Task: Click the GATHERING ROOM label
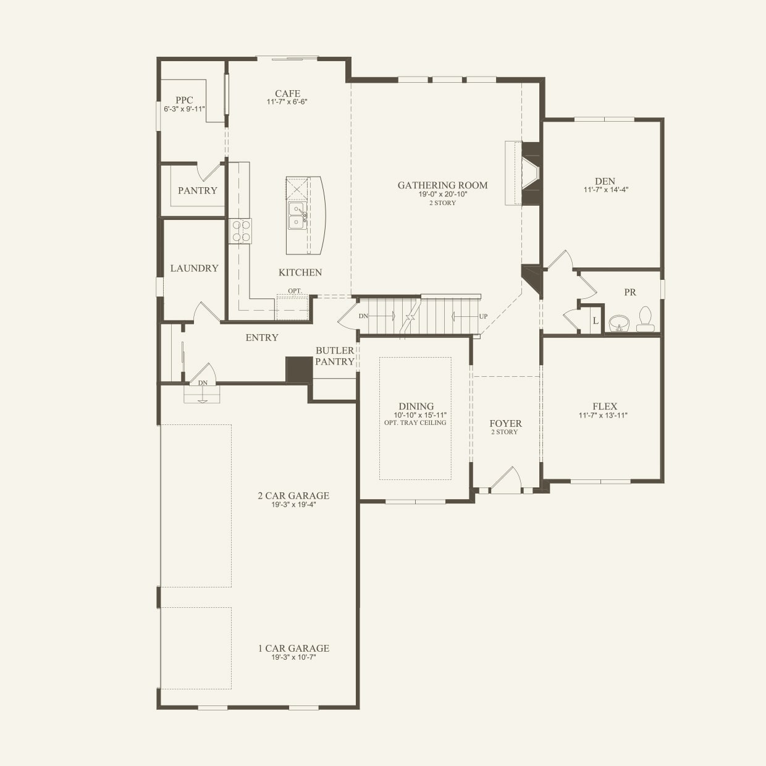tap(442, 185)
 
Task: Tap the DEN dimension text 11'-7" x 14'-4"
tap(606, 190)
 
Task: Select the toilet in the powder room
tap(645, 319)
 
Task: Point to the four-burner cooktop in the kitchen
tap(240, 232)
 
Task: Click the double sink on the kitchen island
tap(297, 216)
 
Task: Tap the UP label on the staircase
tap(483, 316)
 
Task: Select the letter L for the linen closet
tap(595, 321)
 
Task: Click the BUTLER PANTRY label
tap(335, 356)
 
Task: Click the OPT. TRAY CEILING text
tap(415, 423)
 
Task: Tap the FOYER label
tap(506, 424)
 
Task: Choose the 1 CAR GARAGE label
tap(294, 649)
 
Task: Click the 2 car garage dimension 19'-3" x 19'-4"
tap(294, 505)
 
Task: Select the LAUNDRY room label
tap(195, 268)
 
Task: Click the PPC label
tap(184, 101)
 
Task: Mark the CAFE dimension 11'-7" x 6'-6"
tap(287, 102)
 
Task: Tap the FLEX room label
tap(605, 406)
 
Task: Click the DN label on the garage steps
tap(203, 383)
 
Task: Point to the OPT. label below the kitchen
tap(295, 290)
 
